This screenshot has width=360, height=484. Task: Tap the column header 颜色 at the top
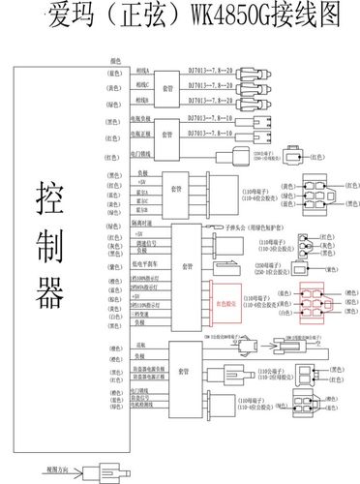pyautogui.click(x=115, y=60)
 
